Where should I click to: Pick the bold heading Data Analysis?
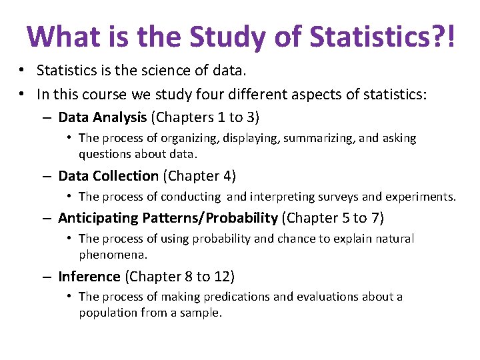[x=102, y=118]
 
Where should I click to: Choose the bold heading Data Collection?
[x=108, y=176]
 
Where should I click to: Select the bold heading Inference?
[x=89, y=276]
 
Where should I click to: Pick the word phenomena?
[x=113, y=254]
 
